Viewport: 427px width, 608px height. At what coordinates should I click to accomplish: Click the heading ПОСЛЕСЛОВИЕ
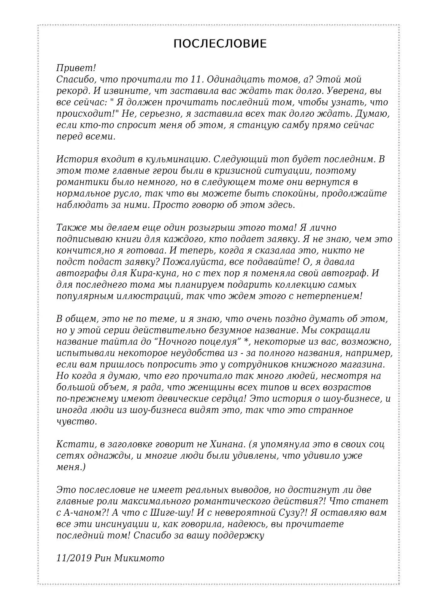tap(220, 44)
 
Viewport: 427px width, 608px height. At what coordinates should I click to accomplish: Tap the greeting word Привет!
tap(76, 68)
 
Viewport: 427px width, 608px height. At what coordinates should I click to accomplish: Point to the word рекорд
tap(71, 91)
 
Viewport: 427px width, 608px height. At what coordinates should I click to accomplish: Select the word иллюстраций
tap(145, 296)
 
